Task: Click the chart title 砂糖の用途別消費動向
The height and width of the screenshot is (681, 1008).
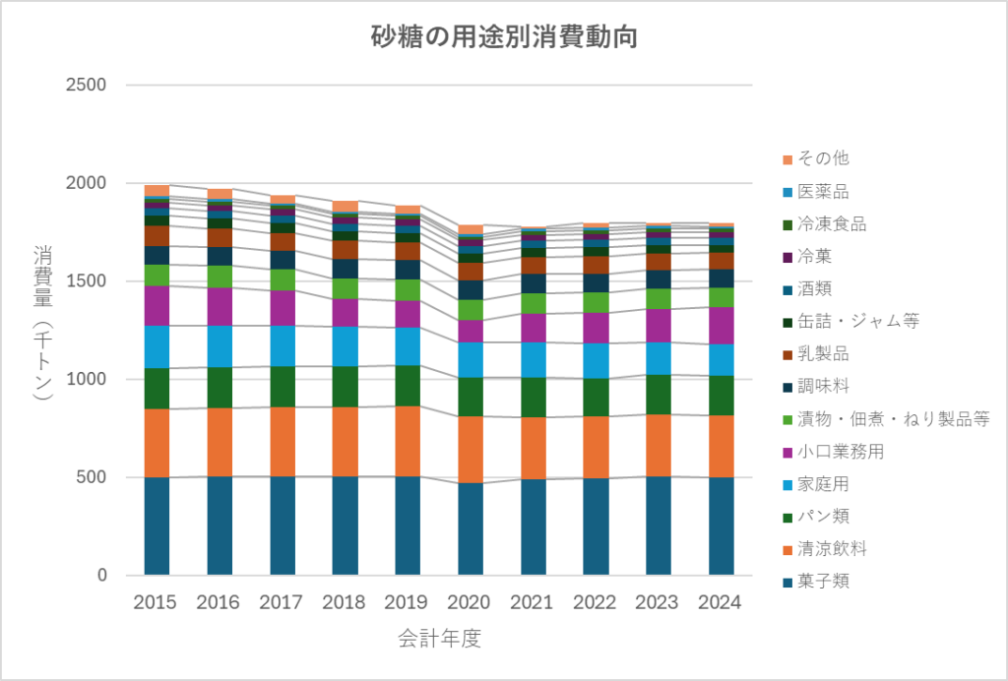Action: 503,38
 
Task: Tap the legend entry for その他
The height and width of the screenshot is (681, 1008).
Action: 822,158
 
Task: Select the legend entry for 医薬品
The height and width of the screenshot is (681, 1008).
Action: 822,191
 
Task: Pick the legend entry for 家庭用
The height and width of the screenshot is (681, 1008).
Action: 822,483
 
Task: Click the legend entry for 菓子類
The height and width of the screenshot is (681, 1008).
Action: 822,581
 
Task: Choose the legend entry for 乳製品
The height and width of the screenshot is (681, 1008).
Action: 822,353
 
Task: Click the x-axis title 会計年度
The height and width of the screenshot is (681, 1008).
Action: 439,639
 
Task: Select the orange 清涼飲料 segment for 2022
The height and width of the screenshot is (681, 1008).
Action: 595,447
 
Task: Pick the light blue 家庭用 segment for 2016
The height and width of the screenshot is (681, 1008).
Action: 219,346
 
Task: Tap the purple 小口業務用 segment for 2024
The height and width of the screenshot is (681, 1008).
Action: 721,326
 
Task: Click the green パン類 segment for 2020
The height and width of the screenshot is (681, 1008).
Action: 470,397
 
